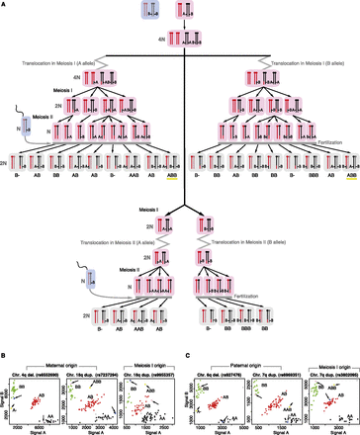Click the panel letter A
(x=4, y=5)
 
